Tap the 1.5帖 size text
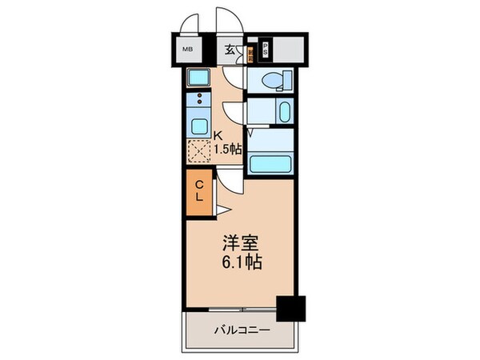(228, 149)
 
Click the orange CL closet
(200, 191)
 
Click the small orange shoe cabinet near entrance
(251, 55)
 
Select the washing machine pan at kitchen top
(198, 78)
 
